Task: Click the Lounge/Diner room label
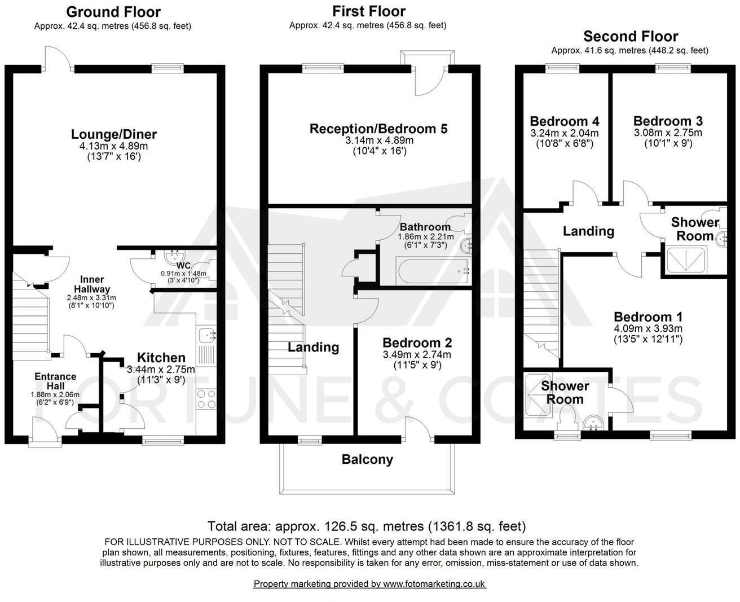tap(114, 134)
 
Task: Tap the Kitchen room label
tap(161, 358)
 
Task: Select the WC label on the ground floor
tap(183, 265)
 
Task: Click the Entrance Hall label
tap(55, 381)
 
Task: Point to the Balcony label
tap(367, 459)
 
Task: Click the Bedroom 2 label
tap(417, 342)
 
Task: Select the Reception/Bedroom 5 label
tap(378, 129)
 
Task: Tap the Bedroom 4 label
tap(565, 121)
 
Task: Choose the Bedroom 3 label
tap(668, 121)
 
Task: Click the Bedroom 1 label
tap(648, 317)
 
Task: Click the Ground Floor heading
tap(113, 12)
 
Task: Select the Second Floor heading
tap(631, 37)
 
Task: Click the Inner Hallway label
tap(91, 284)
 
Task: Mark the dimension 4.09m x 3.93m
tap(648, 328)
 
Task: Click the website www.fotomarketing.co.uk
tap(434, 584)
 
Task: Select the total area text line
tap(367, 526)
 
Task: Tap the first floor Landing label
tap(313, 347)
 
